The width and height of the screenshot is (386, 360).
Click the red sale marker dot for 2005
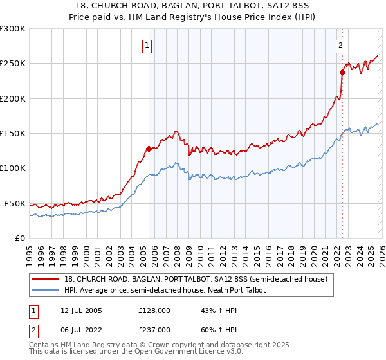point(149,148)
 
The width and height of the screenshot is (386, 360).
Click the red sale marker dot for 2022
point(342,73)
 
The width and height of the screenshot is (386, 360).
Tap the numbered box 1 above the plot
point(148,46)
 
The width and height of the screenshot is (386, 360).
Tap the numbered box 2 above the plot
point(340,46)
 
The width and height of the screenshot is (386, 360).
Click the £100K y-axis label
point(14,168)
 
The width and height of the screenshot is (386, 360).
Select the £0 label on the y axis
point(21,238)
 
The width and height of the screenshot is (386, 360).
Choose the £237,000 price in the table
point(154,329)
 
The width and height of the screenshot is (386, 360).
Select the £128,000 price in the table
point(154,310)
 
